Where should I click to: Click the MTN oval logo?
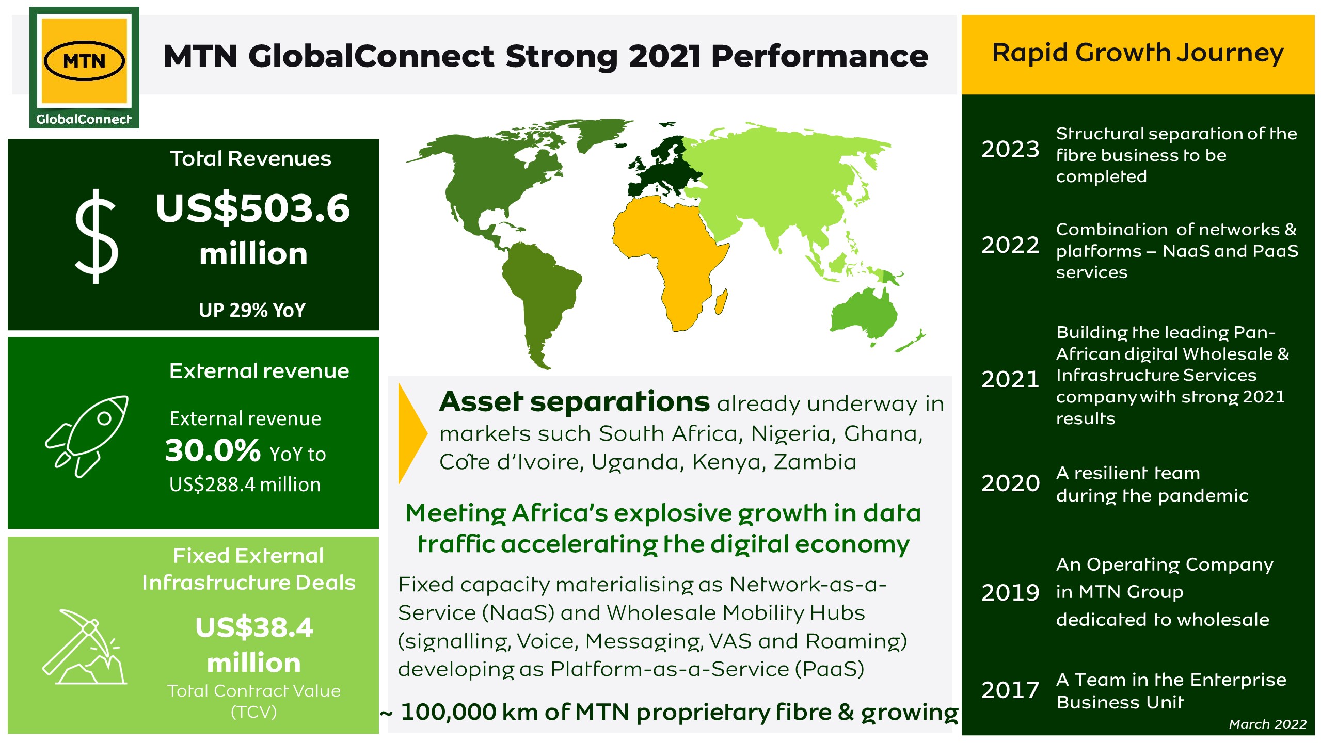point(84,61)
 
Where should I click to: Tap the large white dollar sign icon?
point(97,236)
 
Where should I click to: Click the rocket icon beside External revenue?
point(87,436)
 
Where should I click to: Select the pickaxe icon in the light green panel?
point(84,647)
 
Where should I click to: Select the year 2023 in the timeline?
point(1010,149)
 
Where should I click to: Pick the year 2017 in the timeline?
point(1010,690)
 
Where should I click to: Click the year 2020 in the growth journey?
point(1010,483)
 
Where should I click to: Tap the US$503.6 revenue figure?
point(253,208)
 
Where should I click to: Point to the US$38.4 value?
point(254,627)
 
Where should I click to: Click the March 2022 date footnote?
point(1267,724)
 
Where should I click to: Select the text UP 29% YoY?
point(252,310)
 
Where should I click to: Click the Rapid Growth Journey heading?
point(1138,54)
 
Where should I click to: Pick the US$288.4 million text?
point(245,485)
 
